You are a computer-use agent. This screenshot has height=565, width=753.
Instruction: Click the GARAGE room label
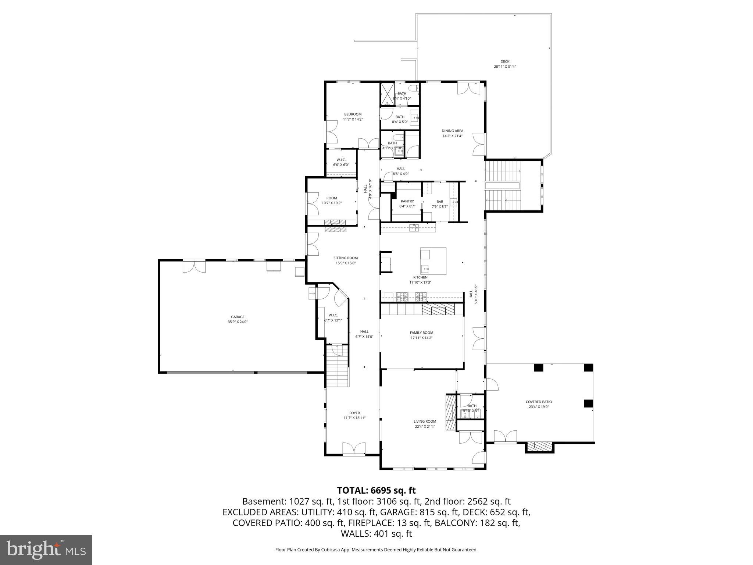click(238, 317)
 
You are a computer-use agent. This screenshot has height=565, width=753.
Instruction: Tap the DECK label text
click(505, 61)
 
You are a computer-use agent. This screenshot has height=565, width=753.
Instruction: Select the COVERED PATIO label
click(539, 402)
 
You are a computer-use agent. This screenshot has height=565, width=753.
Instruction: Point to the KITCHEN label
click(420, 277)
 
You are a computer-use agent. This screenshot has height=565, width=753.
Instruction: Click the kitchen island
click(433, 261)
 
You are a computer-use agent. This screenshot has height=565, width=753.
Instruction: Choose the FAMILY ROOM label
click(421, 333)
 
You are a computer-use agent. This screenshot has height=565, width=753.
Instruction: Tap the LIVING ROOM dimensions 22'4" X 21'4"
click(425, 427)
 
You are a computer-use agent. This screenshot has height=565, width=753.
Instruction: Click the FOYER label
click(354, 413)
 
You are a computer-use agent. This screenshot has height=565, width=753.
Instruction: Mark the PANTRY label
click(407, 201)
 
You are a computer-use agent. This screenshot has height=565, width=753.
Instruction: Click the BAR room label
click(440, 202)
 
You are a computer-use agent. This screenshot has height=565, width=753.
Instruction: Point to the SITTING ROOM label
click(345, 258)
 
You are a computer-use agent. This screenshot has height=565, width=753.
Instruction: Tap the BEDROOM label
click(353, 114)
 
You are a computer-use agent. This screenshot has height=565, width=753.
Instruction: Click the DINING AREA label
click(452, 131)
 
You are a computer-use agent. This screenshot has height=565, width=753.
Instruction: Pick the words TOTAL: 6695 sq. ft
click(376, 490)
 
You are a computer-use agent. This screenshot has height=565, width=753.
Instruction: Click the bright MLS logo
click(46, 550)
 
